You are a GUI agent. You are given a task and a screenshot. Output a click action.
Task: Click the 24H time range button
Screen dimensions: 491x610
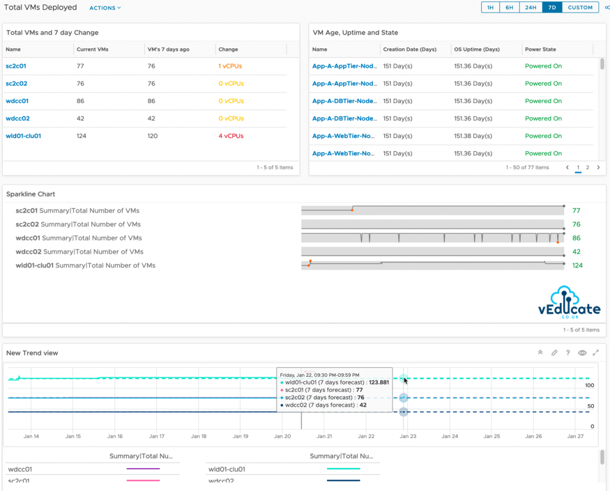(x=530, y=8)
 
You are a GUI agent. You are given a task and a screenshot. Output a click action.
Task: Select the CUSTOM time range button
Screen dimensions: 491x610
(x=580, y=8)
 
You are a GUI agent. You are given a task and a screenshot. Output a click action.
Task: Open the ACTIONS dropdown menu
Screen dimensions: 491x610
(x=105, y=8)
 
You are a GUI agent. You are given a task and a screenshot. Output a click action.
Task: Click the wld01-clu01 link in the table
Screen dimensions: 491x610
(x=23, y=136)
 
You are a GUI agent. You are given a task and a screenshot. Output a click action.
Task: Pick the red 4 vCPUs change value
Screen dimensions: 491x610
(x=231, y=136)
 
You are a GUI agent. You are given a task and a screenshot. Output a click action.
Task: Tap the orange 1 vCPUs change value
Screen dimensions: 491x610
(x=230, y=66)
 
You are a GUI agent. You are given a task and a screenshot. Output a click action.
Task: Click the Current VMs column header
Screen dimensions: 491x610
(x=92, y=49)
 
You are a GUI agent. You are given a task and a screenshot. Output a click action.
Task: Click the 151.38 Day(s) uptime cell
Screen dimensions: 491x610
(x=473, y=136)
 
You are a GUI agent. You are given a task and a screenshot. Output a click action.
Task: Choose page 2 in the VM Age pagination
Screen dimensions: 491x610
(x=587, y=168)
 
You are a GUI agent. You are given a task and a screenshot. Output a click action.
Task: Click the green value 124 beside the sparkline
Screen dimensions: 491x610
(x=577, y=265)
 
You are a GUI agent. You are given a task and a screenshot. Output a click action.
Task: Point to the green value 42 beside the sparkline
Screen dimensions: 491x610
(x=576, y=252)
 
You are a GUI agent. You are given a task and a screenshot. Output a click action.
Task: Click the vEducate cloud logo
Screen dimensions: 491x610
(x=569, y=304)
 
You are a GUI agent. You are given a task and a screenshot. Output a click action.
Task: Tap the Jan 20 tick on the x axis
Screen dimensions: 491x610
(x=282, y=436)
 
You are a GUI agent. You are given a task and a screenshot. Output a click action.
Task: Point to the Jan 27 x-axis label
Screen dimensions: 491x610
(x=575, y=436)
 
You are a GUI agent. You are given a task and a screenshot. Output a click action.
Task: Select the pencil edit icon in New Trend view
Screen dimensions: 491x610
(x=554, y=353)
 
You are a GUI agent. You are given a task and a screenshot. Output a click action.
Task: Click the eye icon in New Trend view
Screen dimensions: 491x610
(x=582, y=353)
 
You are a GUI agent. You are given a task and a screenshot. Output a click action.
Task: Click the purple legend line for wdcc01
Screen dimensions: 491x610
(x=143, y=469)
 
